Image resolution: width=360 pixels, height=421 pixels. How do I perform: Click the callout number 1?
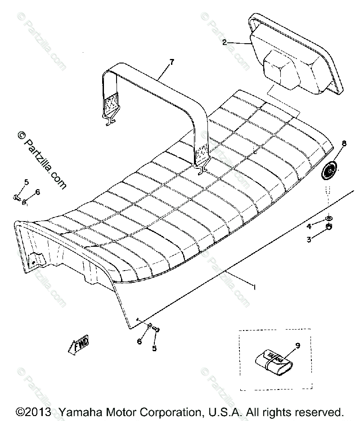click(x=255, y=286)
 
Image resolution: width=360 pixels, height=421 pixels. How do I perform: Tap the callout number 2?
click(x=224, y=43)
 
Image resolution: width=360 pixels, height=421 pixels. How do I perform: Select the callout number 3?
click(x=309, y=240)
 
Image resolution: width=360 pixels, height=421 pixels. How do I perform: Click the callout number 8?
click(x=344, y=144)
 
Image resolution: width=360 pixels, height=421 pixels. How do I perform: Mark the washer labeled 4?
click(x=329, y=218)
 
